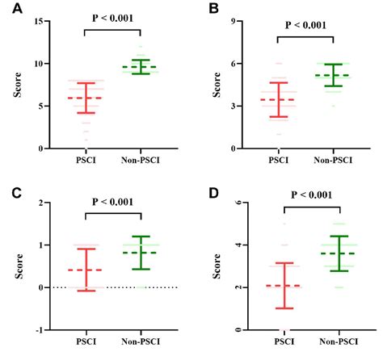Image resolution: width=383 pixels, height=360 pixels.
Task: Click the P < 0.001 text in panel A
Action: click(x=112, y=18)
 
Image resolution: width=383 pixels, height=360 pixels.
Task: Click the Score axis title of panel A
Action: click(x=17, y=85)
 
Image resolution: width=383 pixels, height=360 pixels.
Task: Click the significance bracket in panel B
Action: click(x=305, y=36)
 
